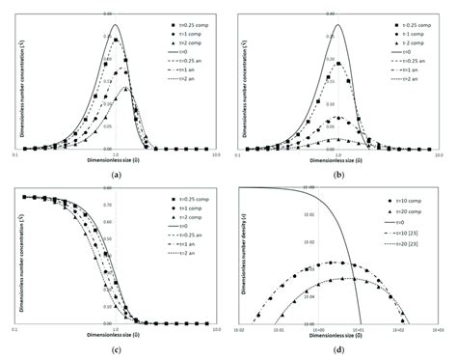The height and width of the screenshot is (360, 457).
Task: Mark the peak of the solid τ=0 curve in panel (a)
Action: coord(116,24)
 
